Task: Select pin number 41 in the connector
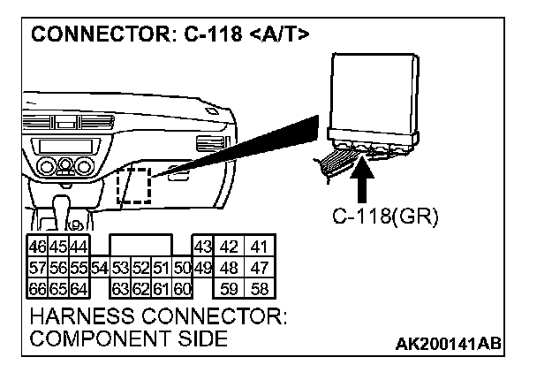click(x=258, y=246)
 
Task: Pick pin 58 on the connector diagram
click(x=258, y=287)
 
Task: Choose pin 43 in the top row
click(x=202, y=246)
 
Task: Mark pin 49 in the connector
click(x=202, y=267)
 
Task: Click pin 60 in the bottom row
click(x=182, y=287)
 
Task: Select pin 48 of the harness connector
click(x=229, y=267)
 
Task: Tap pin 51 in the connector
click(x=161, y=267)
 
